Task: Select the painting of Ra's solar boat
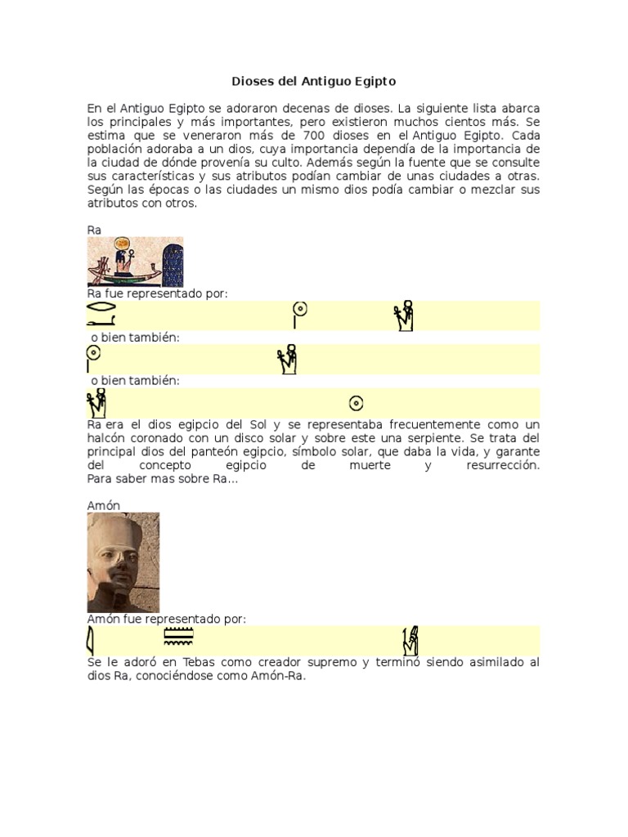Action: coord(135,262)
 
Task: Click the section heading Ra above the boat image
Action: coord(94,231)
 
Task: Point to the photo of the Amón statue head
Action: coord(123,562)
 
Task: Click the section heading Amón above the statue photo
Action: coord(104,505)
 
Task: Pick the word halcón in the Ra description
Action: coord(110,438)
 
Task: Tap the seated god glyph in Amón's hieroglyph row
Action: coord(410,641)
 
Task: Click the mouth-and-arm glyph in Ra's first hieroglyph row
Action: coord(101,314)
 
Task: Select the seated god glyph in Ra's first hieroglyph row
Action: coord(403,316)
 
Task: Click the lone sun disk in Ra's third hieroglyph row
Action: coord(356,402)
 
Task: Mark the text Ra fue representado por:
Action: coord(157,293)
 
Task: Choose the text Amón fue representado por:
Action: coord(166,619)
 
